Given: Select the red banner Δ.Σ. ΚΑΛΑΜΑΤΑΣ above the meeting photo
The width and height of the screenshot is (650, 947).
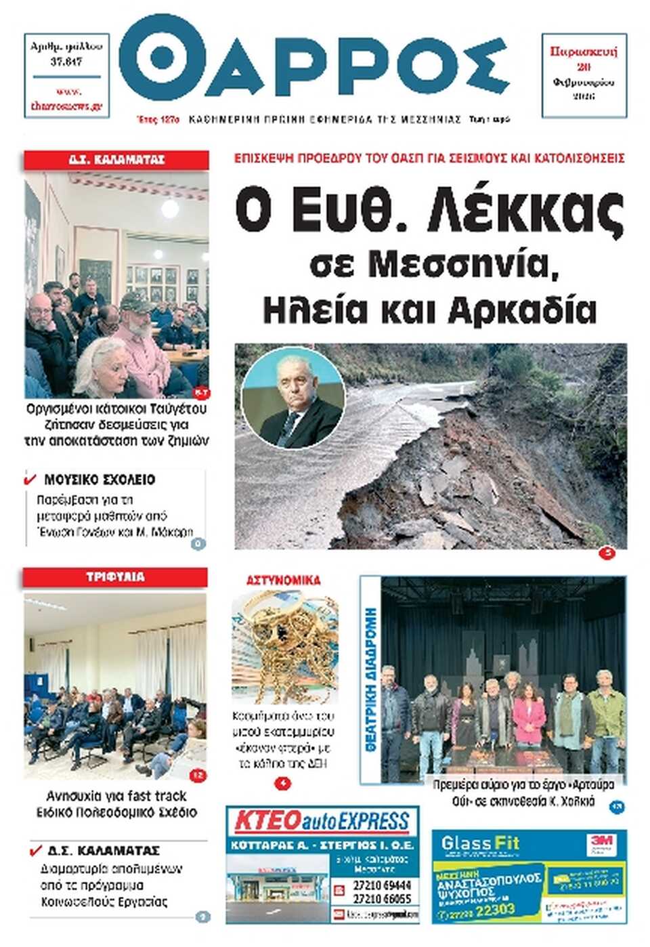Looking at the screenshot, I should pos(116,160).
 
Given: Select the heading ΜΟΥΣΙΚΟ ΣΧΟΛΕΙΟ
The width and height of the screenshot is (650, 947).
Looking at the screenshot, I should pos(100,480).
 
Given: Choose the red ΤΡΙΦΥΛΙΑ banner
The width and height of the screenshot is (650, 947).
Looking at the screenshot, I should pos(115,577).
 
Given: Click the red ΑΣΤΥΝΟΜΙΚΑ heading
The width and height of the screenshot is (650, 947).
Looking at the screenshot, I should pos(284,581).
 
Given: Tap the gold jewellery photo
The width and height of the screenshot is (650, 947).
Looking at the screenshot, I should pos(284,647).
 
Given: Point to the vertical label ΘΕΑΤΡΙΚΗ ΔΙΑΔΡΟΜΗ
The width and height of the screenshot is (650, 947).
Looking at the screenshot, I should pos(370,677).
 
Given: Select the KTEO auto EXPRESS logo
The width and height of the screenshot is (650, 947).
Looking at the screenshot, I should pos(322,822).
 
